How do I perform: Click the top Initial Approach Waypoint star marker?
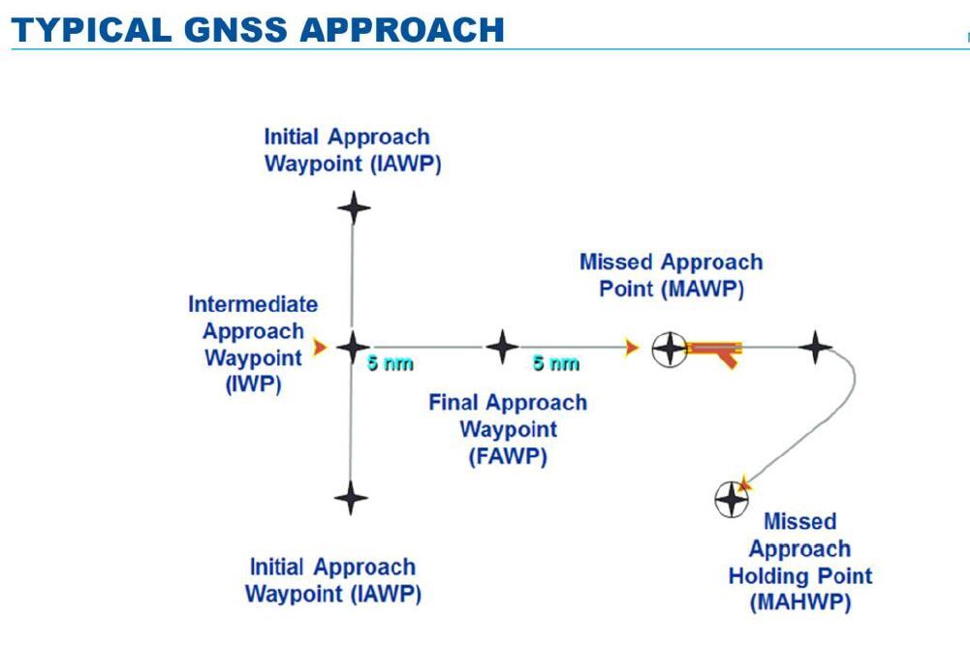coord(353,206)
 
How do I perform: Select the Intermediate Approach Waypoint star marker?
coord(353,346)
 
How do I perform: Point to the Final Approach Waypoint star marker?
coord(501,346)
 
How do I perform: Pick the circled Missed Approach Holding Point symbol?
coord(731,499)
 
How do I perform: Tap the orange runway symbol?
coord(715,349)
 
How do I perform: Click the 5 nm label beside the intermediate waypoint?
coord(391,364)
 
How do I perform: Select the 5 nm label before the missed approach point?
coord(555,364)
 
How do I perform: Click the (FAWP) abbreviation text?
coord(508,455)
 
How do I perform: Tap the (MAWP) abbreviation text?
coord(704,289)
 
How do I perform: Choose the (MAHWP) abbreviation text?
coord(800,602)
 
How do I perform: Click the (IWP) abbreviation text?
coord(253,384)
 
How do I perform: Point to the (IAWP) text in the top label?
coord(406,163)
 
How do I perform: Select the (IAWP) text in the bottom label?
coord(386,593)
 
